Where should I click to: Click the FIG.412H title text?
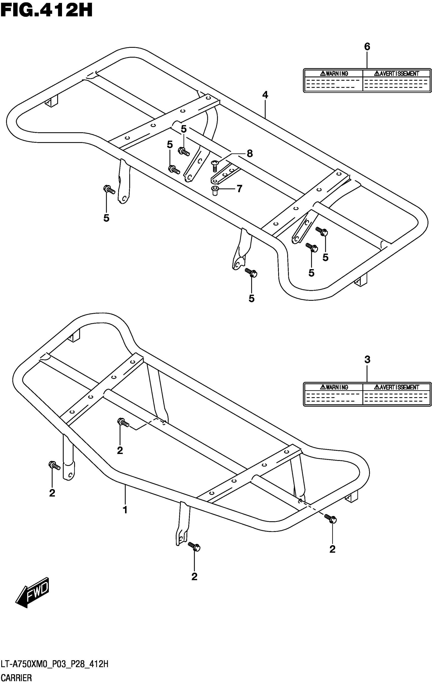point(47,11)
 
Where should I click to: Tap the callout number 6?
point(367,47)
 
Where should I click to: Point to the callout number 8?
point(250,154)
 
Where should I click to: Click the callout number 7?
point(239,189)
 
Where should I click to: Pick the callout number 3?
point(367,360)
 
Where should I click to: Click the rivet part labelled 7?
point(215,191)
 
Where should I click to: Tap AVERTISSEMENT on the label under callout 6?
point(397,73)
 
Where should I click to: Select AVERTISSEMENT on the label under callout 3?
point(397,387)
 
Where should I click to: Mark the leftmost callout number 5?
point(106,218)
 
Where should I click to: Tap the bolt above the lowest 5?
point(251,272)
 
